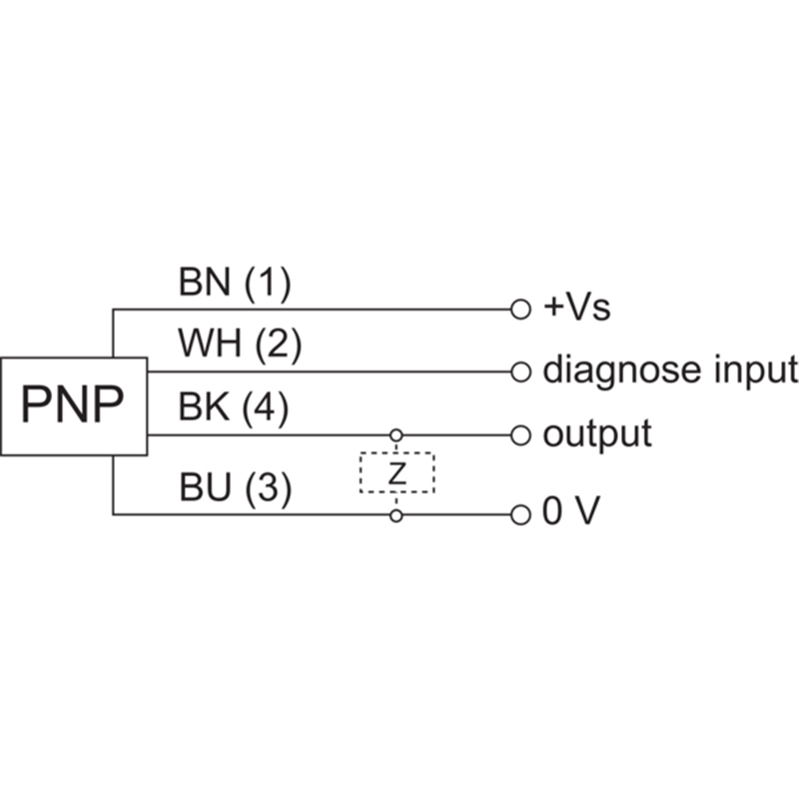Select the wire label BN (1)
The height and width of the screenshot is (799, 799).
[x=235, y=283]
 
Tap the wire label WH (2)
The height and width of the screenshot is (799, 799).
[x=240, y=344]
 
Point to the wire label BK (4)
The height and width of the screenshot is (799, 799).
[x=234, y=407]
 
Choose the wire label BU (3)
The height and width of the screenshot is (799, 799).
[x=236, y=487]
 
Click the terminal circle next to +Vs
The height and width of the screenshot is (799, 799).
[x=520, y=310]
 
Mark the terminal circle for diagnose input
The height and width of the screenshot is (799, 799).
[x=520, y=372]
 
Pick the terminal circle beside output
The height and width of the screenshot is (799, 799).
[x=520, y=435]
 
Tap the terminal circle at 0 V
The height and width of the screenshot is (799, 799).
[x=520, y=514]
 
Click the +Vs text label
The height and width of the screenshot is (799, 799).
[x=577, y=308]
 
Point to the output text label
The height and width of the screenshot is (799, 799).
[x=597, y=434]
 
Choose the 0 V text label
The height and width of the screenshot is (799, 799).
[x=571, y=511]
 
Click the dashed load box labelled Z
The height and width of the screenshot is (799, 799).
[x=397, y=452]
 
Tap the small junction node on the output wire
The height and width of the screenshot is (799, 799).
[x=396, y=435]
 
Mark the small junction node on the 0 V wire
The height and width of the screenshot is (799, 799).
[x=396, y=515]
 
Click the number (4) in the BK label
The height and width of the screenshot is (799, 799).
[x=265, y=408]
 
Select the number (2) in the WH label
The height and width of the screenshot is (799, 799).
[x=279, y=345]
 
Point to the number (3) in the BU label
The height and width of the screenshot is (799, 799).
[x=269, y=488]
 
